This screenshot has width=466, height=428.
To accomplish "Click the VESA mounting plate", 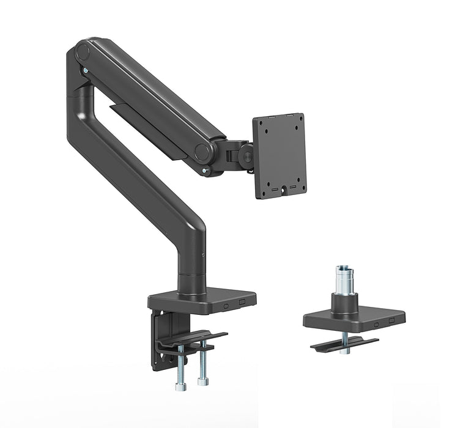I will [x=279, y=155].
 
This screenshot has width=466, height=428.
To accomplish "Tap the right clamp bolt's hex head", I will [x=202, y=383].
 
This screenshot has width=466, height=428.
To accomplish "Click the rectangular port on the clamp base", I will [x=242, y=302].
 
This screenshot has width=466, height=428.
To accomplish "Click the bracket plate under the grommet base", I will [x=342, y=344].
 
